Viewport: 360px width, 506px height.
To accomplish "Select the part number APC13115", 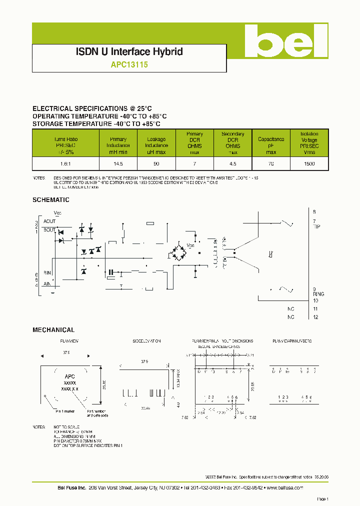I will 129,64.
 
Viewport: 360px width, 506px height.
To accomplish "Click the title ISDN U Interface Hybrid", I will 129,51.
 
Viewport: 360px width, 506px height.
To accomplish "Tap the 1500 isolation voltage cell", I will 309,164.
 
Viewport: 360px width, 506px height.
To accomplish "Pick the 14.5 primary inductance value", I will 118,164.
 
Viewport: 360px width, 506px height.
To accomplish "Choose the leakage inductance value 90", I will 156,164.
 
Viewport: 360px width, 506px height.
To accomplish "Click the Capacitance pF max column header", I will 271,142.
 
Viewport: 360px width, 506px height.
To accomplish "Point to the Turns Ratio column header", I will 66,142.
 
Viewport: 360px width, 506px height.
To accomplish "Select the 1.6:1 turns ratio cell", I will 66,164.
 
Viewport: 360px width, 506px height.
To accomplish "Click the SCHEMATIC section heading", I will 50,200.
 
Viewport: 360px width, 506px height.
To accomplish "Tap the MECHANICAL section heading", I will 53,330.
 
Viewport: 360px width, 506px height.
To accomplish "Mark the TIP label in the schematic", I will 316,226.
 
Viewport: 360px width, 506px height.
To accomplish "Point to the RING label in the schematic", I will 318,294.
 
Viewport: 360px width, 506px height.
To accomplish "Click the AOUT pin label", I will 49,221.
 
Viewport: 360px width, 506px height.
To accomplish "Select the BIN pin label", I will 47,272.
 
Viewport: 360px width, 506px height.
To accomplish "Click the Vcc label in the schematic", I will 57,213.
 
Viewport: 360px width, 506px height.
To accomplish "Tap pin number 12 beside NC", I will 315,317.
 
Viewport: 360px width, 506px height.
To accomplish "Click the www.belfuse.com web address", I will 284,487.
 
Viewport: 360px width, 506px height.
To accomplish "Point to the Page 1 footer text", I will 321,499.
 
